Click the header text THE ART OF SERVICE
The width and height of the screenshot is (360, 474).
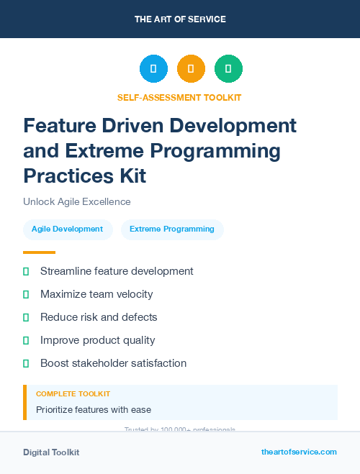point(180,19)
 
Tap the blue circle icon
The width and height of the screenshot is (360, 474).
point(153,69)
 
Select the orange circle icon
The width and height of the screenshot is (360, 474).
point(191,69)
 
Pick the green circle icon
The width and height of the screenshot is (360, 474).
point(228,69)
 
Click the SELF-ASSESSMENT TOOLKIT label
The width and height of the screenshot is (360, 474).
point(179,97)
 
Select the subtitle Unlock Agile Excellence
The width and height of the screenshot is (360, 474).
point(76,201)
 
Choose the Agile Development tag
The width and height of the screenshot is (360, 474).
point(67,229)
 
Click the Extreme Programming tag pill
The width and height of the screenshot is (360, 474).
point(172,229)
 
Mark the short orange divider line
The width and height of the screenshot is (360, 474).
point(39,252)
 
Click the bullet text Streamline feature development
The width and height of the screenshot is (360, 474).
point(117,271)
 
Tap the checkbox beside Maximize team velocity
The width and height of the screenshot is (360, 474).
point(26,294)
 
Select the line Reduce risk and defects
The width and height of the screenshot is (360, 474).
point(99,317)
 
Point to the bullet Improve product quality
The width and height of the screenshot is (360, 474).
point(98,340)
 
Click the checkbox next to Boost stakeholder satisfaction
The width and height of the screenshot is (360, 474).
point(26,363)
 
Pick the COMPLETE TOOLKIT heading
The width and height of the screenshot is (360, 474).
point(73,394)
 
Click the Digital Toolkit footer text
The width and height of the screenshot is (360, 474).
point(51,452)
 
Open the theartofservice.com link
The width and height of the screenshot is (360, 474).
point(299,452)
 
